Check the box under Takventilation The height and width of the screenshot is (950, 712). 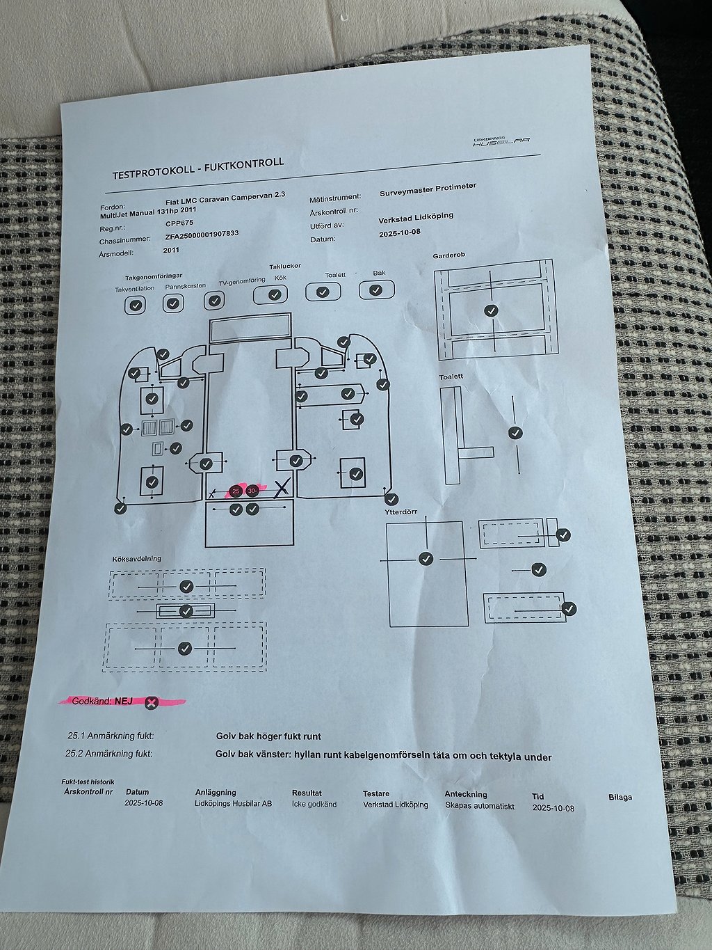[x=135, y=304]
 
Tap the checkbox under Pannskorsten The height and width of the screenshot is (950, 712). [x=173, y=303]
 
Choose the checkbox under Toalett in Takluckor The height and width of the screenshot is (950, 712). [x=323, y=292]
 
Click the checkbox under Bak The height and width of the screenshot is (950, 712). [x=376, y=290]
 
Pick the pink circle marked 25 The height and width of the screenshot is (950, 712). [x=236, y=491]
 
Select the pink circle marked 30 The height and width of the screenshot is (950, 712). [x=252, y=490]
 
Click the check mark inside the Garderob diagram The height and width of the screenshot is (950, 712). [x=491, y=310]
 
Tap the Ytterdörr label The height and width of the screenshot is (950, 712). [x=400, y=512]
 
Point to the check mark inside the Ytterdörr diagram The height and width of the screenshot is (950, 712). [x=426, y=558]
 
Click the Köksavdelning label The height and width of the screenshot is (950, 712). [x=136, y=558]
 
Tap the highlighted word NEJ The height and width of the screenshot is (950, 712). [x=124, y=700]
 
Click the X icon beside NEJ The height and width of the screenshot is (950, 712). [x=151, y=702]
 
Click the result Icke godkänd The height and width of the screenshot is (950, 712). [x=314, y=804]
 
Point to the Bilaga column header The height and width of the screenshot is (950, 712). [x=620, y=797]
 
